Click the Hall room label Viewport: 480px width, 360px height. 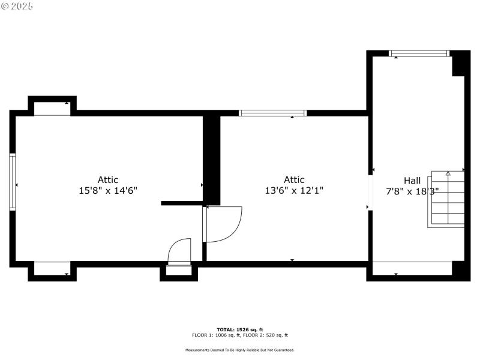(x=412, y=180)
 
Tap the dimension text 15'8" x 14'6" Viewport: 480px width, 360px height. (x=108, y=191)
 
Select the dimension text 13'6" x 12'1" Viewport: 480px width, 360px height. (x=294, y=191)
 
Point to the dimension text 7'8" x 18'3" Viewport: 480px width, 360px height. (x=412, y=191)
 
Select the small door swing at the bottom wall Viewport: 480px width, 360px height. (x=179, y=251)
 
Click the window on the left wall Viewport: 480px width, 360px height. (x=12, y=182)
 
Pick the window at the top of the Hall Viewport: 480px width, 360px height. (x=419, y=53)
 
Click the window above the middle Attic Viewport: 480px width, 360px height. (x=272, y=113)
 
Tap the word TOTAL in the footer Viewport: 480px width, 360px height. (x=225, y=330)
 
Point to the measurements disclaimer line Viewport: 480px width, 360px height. (x=240, y=350)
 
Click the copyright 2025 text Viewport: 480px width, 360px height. (x=17, y=5)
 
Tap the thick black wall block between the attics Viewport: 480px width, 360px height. (x=212, y=159)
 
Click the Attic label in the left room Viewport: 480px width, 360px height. (x=108, y=180)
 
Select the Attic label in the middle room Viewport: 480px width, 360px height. (x=294, y=180)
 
